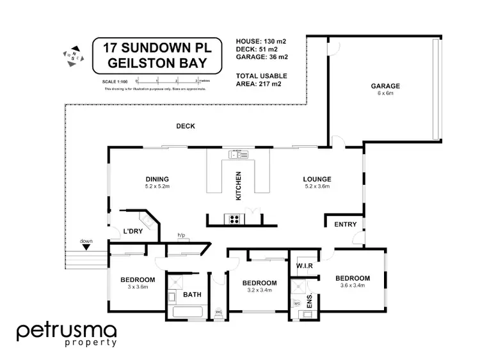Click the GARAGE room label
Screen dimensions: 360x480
pyautogui.click(x=385, y=86)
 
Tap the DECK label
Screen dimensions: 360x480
pyautogui.click(x=186, y=126)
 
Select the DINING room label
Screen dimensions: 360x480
pyautogui.click(x=156, y=179)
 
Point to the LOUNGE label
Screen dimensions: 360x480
pyautogui.click(x=317, y=179)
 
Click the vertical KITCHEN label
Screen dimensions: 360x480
pyautogui.click(x=239, y=186)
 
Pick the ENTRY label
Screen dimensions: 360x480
pyautogui.click(x=346, y=224)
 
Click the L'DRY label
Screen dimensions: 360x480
pyautogui.click(x=132, y=231)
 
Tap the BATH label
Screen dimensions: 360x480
pyautogui.click(x=193, y=295)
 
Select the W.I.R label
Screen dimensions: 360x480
pyautogui.click(x=303, y=265)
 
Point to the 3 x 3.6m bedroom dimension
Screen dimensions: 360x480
pyautogui.click(x=138, y=286)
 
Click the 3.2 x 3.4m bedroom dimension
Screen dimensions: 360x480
pyautogui.click(x=259, y=290)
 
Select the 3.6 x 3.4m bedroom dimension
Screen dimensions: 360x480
pyautogui.click(x=353, y=285)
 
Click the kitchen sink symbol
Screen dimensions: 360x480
pyautogui.click(x=239, y=154)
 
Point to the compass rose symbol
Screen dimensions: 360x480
pyautogui.click(x=71, y=54)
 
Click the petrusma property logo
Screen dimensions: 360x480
pyautogui.click(x=66, y=334)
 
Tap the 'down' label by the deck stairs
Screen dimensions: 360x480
pyautogui.click(x=86, y=241)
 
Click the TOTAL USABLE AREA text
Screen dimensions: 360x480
pyautogui.click(x=259, y=79)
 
